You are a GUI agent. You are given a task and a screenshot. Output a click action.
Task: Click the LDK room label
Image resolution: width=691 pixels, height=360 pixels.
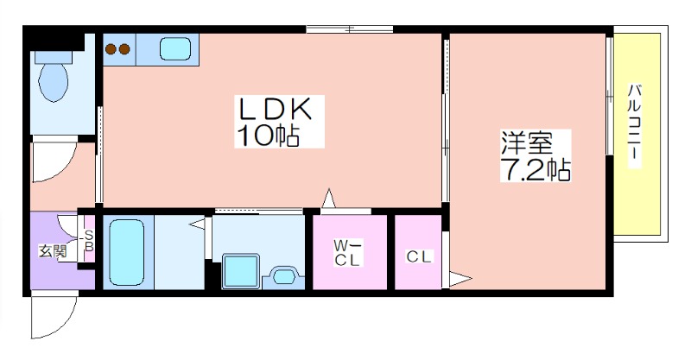(x=275, y=109)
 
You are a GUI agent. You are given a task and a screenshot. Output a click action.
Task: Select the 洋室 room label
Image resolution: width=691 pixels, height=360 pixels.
(x=526, y=142)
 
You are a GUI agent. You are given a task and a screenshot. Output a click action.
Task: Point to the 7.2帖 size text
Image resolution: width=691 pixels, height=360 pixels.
(x=536, y=170)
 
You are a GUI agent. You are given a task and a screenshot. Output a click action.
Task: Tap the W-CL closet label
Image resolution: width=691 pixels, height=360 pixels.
(x=348, y=252)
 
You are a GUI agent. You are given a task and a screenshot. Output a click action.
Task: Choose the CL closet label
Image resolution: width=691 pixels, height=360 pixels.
(x=419, y=256)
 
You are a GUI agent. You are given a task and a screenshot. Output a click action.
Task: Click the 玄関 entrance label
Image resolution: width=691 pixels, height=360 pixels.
(x=53, y=251)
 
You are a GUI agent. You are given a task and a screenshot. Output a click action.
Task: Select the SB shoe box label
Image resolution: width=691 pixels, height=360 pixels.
(x=89, y=241)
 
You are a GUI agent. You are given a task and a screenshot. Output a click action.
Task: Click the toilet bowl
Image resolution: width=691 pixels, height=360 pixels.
(x=54, y=82)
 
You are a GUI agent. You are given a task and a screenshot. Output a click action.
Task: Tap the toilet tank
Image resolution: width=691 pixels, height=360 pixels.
(x=53, y=57)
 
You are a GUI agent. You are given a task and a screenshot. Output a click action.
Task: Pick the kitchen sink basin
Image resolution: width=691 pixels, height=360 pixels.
(x=175, y=48)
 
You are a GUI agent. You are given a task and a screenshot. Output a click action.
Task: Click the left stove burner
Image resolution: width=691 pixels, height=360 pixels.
(x=111, y=48)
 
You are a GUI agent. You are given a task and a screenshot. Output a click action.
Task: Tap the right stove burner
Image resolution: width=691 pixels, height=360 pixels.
(x=124, y=48)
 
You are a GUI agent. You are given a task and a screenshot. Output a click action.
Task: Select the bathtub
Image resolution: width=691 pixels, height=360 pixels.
(x=126, y=252)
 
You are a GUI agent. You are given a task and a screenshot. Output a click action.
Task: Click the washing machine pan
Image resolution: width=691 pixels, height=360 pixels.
(x=240, y=271)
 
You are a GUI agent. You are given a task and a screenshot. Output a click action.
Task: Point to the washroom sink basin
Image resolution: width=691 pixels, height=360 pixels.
(x=283, y=276)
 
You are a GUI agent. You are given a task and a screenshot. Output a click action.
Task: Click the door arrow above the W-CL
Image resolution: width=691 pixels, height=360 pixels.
(x=328, y=199)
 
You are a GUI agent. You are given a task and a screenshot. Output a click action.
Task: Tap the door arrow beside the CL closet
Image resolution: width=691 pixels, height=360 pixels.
(x=460, y=279)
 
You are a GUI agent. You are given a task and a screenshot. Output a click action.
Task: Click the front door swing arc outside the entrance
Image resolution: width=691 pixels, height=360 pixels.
(x=62, y=325)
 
